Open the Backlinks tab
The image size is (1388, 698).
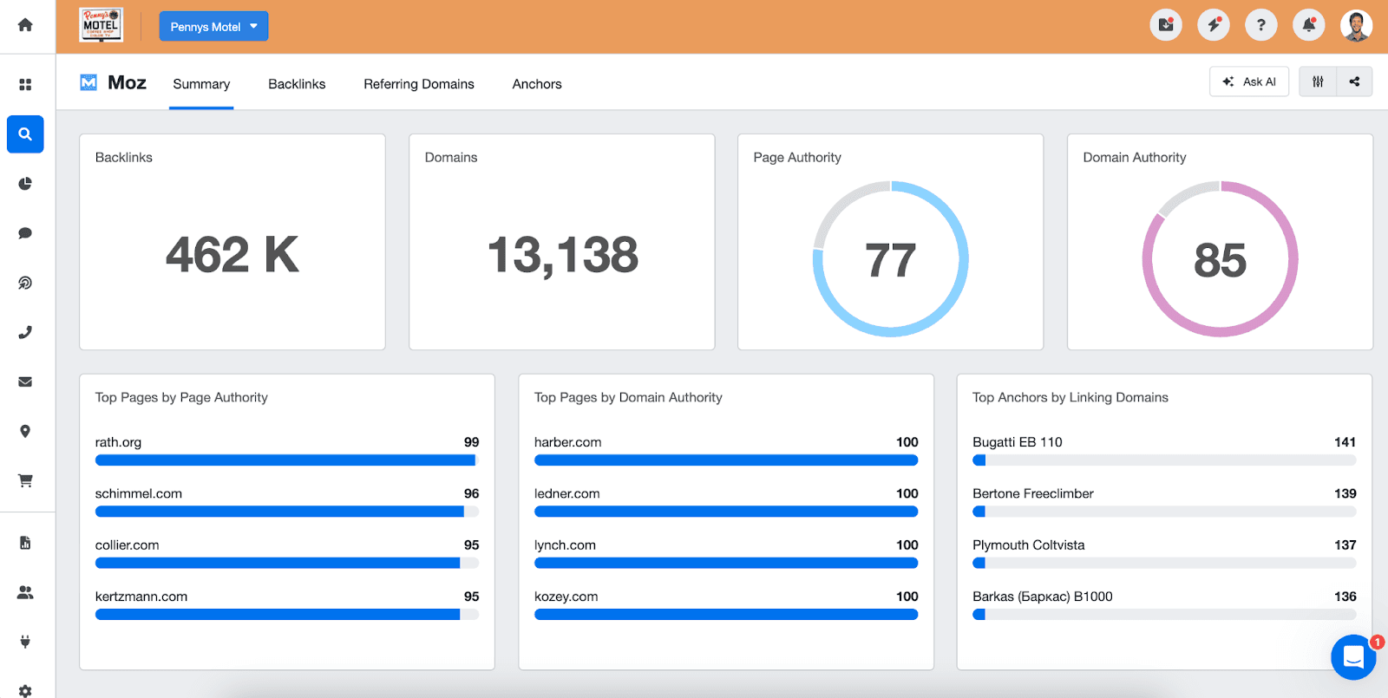pos(297,84)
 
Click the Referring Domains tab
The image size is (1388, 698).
pos(418,84)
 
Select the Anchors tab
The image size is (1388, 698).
pos(536,84)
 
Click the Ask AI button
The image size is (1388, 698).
pos(1249,82)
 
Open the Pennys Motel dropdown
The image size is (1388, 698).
pos(213,27)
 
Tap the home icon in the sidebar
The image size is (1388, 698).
pos(25,25)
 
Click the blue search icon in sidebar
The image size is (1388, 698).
pos(25,134)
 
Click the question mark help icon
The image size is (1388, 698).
pos(1260,25)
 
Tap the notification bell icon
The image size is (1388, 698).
pos(1308,25)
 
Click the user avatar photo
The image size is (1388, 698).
pos(1355,25)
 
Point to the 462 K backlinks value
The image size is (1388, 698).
pos(232,255)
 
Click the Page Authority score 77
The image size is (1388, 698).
pos(890,260)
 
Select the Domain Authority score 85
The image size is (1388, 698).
pos(1220,260)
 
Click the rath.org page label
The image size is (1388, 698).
pos(118,442)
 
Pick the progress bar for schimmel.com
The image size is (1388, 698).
pos(286,512)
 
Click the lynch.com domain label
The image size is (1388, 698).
pos(565,545)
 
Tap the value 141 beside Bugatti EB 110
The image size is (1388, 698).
pos(1345,442)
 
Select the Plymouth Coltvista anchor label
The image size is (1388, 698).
pos(1028,545)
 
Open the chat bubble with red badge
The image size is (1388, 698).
pos(1353,657)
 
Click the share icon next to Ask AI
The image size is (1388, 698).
pos(1354,82)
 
